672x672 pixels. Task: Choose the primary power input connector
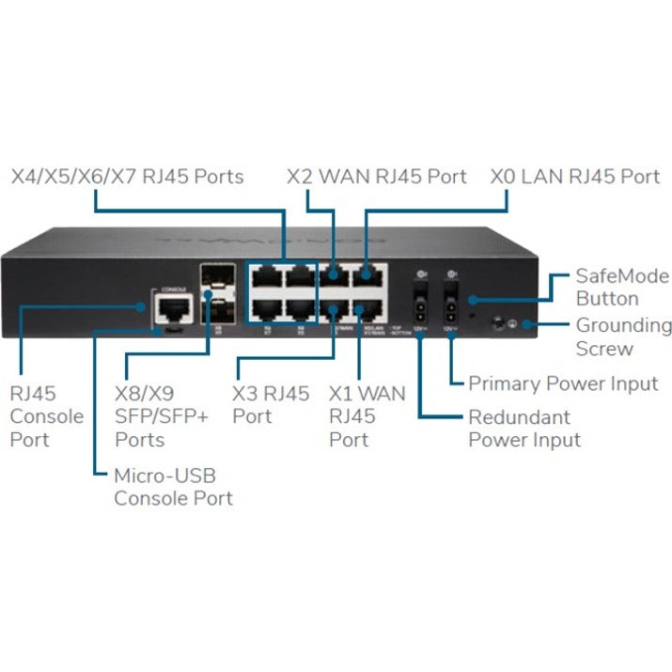coord(452,307)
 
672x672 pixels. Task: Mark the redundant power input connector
coord(419,307)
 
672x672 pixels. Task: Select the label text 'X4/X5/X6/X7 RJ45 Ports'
coord(127,177)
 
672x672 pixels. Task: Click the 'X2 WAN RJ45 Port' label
coord(376,177)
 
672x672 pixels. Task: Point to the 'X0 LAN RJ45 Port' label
coord(575,177)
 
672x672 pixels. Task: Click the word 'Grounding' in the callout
coord(623,326)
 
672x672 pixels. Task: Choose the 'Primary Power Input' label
coord(562,383)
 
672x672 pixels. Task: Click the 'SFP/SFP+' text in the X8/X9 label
coord(160,417)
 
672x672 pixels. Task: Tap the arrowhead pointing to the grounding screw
coord(529,325)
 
